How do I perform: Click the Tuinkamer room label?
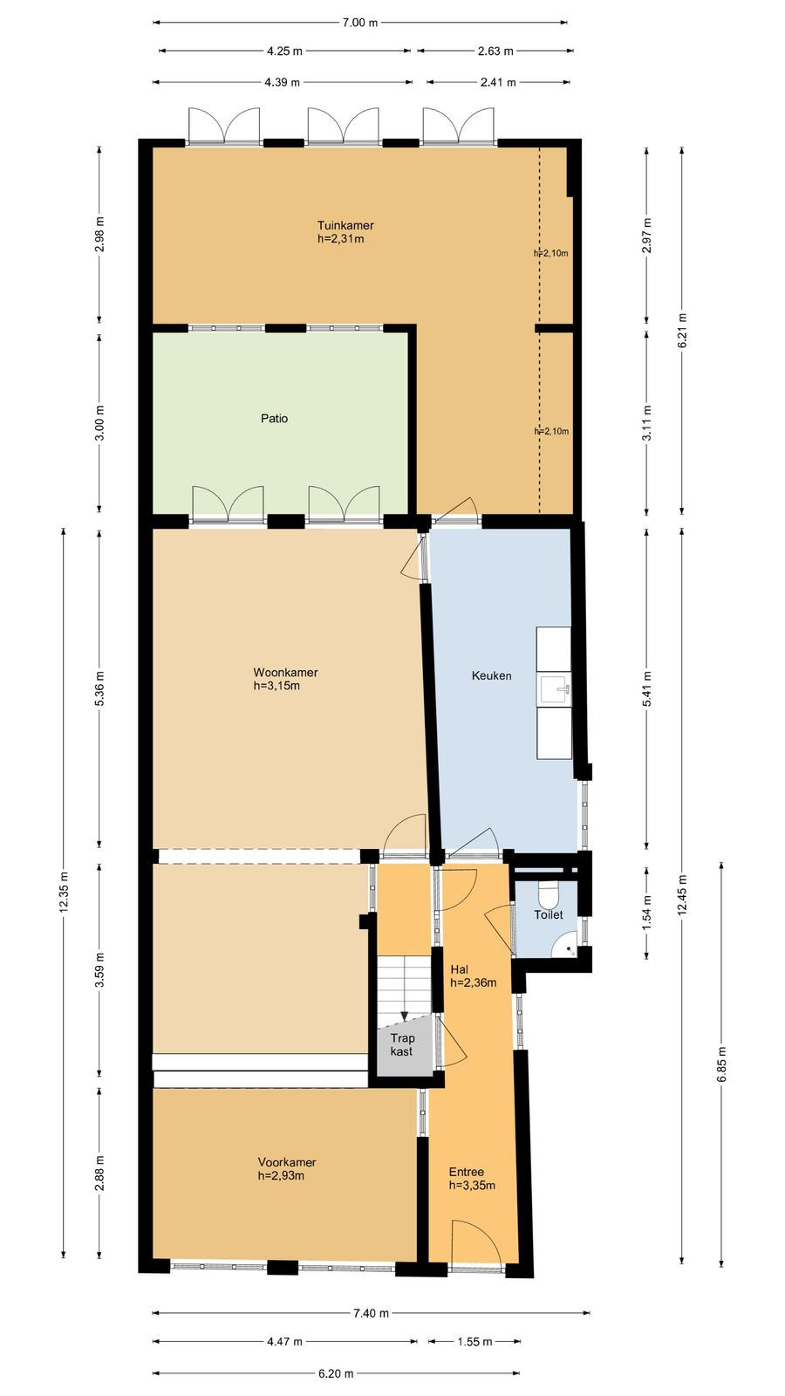pyautogui.click(x=345, y=225)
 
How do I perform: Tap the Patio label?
pyautogui.click(x=274, y=418)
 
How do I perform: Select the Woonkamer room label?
pyautogui.click(x=285, y=673)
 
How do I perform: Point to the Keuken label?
pyautogui.click(x=492, y=675)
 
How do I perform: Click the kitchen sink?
pyautogui.click(x=555, y=689)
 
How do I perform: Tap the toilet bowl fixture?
pyautogui.click(x=549, y=894)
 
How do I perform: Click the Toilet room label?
pyautogui.click(x=549, y=915)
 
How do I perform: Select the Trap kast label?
pyautogui.click(x=402, y=1044)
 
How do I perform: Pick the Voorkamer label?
pyautogui.click(x=287, y=1162)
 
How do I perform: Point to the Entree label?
pyautogui.click(x=466, y=1173)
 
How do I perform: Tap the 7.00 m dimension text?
pyautogui.click(x=360, y=23)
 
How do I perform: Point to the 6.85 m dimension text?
pyautogui.click(x=722, y=1065)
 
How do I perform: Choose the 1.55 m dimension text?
pyautogui.click(x=474, y=1342)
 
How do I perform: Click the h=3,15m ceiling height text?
pyautogui.click(x=276, y=686)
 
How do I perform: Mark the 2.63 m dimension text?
pyautogui.click(x=495, y=51)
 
